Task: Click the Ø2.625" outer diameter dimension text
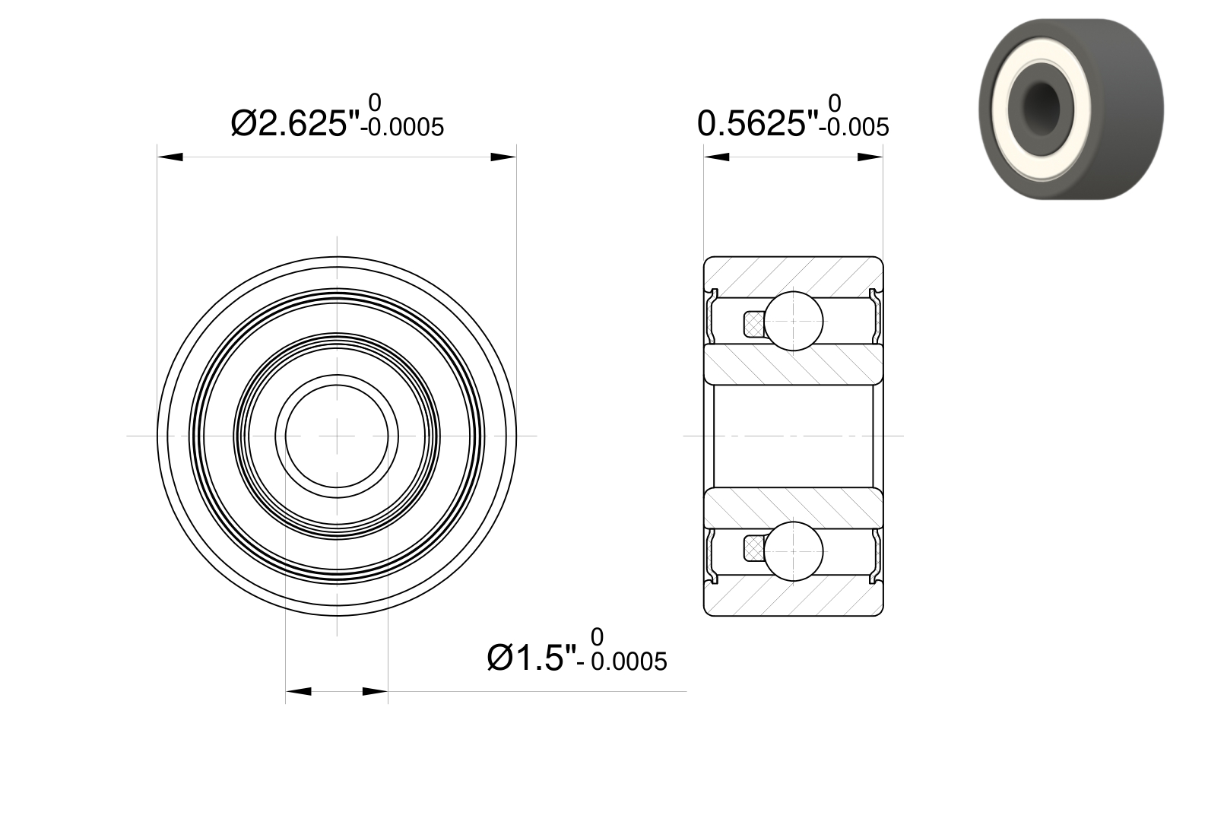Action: [295, 123]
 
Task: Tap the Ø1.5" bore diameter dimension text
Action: [532, 658]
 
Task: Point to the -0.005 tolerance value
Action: [854, 128]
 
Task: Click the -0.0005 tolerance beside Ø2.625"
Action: [402, 128]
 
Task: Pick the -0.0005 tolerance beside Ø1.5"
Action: [623, 661]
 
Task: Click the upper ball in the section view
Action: [793, 321]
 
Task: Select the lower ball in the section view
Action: [793, 551]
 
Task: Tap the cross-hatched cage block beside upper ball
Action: [754, 324]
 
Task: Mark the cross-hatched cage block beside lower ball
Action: [754, 548]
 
